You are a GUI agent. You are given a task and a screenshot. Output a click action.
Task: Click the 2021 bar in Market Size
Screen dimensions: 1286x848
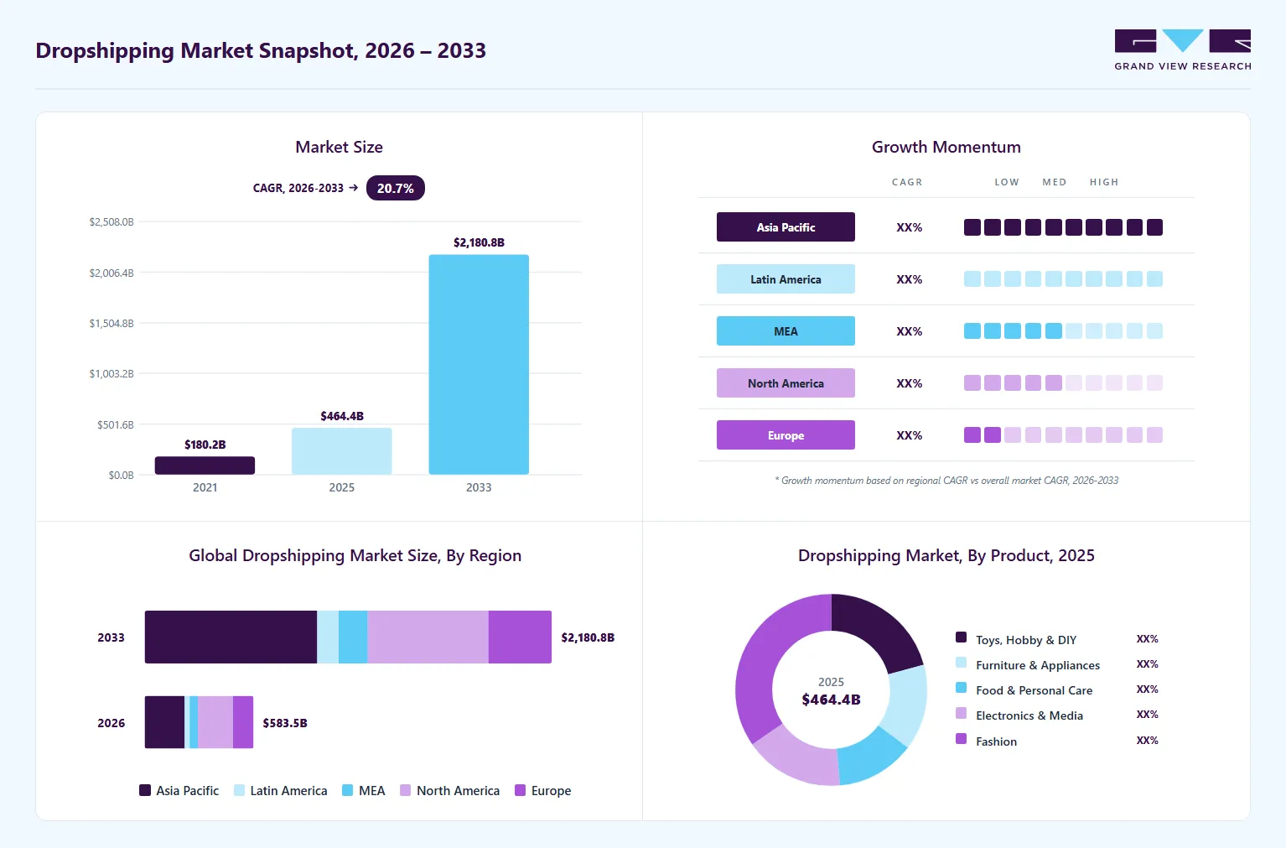[205, 466]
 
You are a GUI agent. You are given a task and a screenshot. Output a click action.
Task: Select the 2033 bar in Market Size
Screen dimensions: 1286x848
[479, 364]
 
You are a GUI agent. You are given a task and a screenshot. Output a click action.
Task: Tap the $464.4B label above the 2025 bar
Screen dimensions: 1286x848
[342, 416]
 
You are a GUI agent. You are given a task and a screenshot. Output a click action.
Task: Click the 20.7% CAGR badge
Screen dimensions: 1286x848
[396, 188]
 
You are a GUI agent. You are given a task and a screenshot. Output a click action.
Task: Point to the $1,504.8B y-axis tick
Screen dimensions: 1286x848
[111, 324]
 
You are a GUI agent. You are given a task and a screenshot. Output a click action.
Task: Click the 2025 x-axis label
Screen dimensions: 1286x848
[341, 487]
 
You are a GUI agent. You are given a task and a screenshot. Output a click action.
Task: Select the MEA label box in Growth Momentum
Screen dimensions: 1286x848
[786, 331]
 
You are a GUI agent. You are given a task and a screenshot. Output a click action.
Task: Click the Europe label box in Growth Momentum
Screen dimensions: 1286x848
[786, 435]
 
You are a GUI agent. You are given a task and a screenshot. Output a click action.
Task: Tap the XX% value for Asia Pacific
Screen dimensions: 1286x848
[910, 227]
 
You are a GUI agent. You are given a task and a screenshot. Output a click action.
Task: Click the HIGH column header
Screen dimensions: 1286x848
[1104, 182]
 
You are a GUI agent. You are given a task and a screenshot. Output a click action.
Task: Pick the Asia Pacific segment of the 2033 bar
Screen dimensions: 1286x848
[231, 637]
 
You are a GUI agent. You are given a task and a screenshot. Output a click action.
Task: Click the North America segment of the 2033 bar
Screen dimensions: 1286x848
[428, 637]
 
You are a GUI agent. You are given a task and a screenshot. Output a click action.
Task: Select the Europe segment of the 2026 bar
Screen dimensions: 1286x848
[243, 722]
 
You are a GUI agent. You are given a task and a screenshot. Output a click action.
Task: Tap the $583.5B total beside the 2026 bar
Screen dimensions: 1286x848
[285, 723]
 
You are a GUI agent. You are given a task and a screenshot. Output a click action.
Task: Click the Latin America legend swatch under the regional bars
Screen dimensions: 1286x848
[240, 791]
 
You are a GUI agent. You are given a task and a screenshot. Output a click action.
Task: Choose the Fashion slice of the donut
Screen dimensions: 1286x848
[773, 661]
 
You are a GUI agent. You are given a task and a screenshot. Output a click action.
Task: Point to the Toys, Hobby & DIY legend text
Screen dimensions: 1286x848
[1026, 640]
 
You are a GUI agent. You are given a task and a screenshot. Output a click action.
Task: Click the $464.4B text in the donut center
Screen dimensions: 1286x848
[832, 700]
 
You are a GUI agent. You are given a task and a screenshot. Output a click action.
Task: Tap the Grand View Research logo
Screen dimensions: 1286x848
[1183, 50]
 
